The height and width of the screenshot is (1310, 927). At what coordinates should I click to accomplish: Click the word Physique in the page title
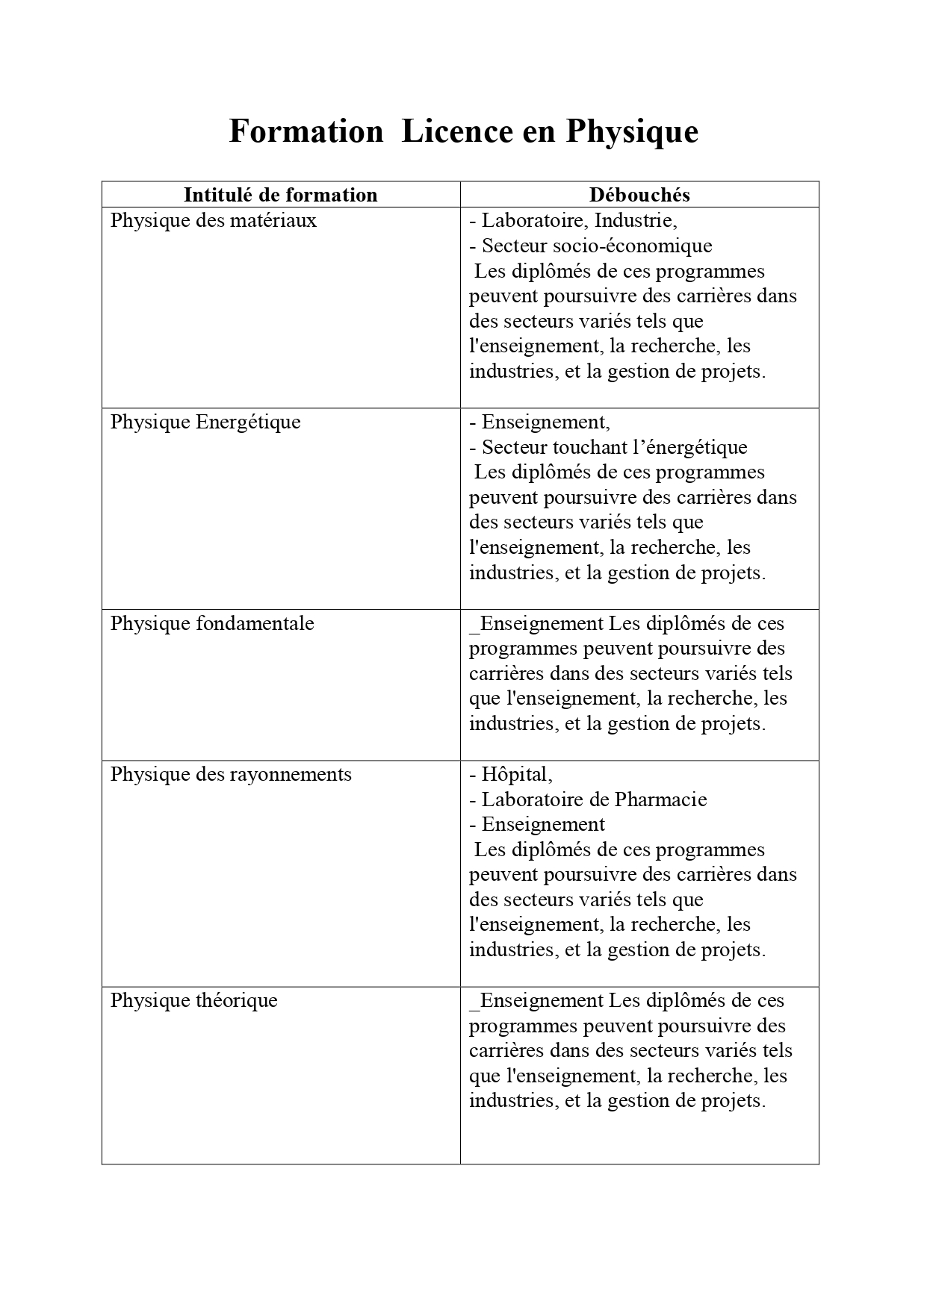pos(632,132)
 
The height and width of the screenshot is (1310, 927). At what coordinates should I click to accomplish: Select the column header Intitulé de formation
pos(280,195)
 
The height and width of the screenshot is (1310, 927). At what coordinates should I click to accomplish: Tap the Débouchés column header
pos(639,195)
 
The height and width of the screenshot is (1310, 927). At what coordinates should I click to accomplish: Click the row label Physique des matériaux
pos(214,221)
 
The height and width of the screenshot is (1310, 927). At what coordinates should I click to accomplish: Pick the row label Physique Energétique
pos(205,422)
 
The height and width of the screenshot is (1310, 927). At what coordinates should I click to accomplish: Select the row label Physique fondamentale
pos(212,624)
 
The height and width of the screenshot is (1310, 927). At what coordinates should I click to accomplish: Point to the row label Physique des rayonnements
pos(231,775)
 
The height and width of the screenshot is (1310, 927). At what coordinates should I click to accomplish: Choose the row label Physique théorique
pos(194,1001)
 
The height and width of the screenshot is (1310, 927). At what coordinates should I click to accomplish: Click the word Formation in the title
pos(306,132)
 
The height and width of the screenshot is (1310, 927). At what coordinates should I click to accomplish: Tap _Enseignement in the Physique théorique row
pos(536,1001)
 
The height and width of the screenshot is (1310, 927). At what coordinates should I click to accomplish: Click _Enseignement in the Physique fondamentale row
pos(536,624)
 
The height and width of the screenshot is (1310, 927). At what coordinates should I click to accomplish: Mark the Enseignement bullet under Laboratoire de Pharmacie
pos(543,825)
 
